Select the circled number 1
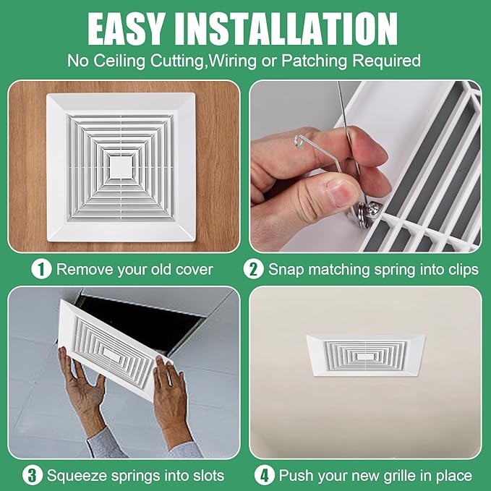42,270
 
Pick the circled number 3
32,475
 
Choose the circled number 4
265,475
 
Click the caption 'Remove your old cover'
135,270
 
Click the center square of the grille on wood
121,167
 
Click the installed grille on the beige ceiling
365,358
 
